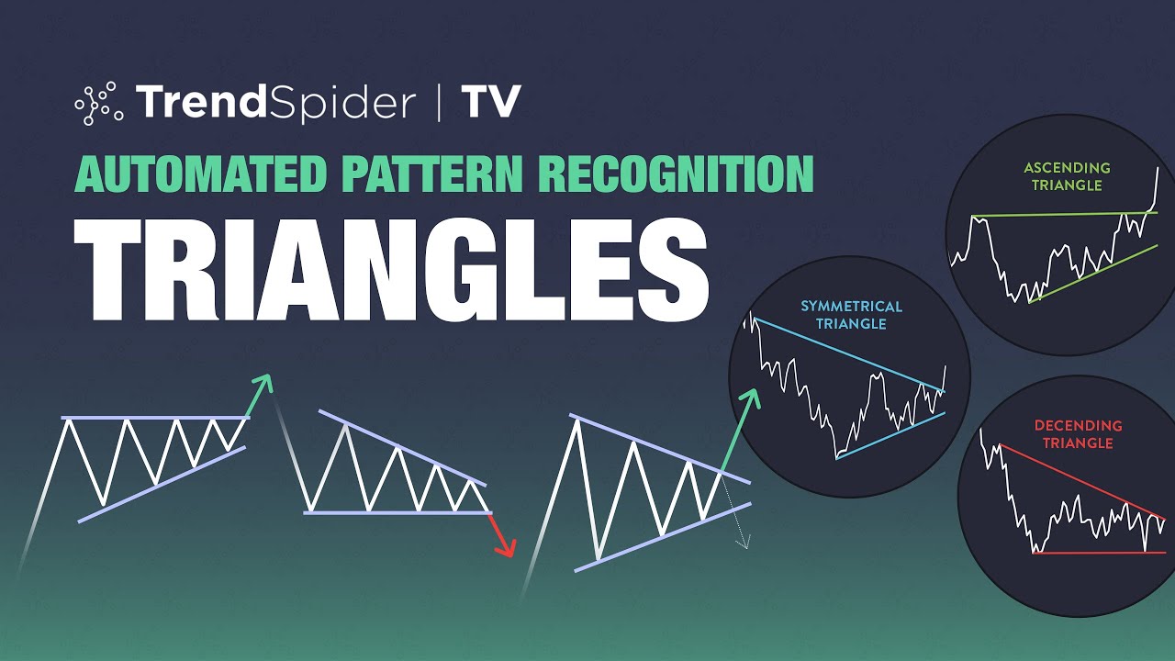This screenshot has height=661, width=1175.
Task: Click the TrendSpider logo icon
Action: (99, 102)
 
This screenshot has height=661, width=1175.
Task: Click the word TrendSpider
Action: (275, 102)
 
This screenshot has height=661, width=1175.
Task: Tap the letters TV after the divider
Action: (491, 102)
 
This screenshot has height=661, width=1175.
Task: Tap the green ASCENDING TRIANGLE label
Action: (1068, 176)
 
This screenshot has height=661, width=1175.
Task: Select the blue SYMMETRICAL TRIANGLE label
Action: (851, 315)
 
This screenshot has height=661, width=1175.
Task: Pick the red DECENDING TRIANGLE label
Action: (1078, 434)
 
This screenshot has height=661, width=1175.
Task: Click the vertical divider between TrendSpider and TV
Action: (439, 102)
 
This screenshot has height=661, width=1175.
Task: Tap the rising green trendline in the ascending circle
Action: (1092, 273)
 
